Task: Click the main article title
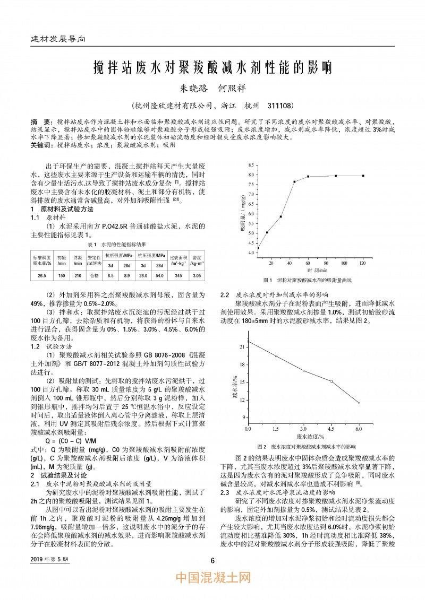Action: pos(212,67)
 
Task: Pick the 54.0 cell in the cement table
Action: pos(159,275)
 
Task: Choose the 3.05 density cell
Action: pos(197,275)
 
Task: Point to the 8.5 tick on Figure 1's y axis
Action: pos(250,166)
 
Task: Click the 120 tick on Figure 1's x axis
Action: pos(363,263)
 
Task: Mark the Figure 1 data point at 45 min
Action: pos(294,182)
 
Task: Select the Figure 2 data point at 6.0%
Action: pos(359,403)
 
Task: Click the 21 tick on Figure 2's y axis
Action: pos(242,346)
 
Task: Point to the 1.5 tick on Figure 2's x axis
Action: pos(275,428)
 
